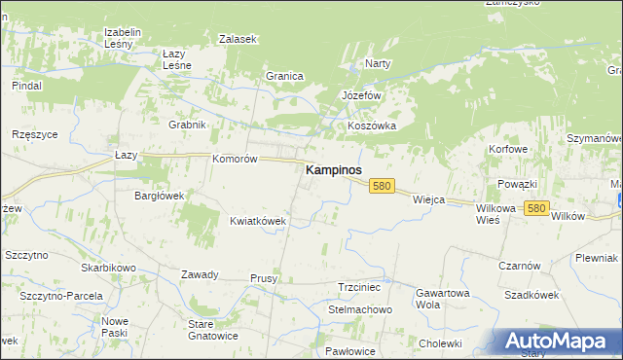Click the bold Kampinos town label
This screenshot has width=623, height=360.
[x=334, y=169]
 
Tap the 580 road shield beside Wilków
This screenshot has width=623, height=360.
[x=534, y=208]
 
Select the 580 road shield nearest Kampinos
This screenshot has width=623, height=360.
[x=382, y=186]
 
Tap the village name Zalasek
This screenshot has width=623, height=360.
[x=238, y=39]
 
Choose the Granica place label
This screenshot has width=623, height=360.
[x=285, y=76]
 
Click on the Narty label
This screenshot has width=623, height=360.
[x=377, y=63]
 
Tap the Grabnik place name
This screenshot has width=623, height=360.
[x=187, y=125]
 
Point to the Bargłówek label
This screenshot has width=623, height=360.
[x=159, y=195]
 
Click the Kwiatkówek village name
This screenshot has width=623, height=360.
[x=258, y=221]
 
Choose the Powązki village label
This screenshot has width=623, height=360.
[x=517, y=184]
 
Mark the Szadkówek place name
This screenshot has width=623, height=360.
[x=531, y=294]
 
